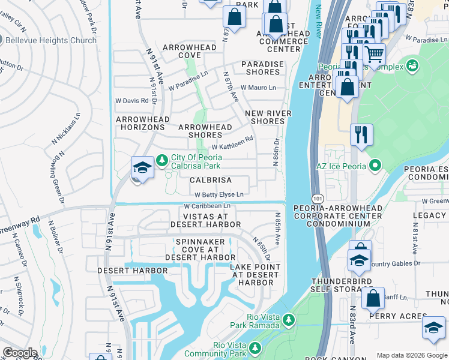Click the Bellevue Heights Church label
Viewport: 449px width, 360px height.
50,40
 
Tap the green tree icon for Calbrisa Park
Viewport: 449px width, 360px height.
161,161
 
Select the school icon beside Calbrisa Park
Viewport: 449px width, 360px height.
143,167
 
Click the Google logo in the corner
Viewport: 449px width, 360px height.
20,352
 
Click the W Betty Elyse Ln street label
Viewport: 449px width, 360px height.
219,194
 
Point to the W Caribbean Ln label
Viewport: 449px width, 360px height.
207,206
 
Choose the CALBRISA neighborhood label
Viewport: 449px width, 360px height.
211,180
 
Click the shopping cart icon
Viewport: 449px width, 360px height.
375,55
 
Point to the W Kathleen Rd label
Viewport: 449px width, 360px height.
232,146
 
